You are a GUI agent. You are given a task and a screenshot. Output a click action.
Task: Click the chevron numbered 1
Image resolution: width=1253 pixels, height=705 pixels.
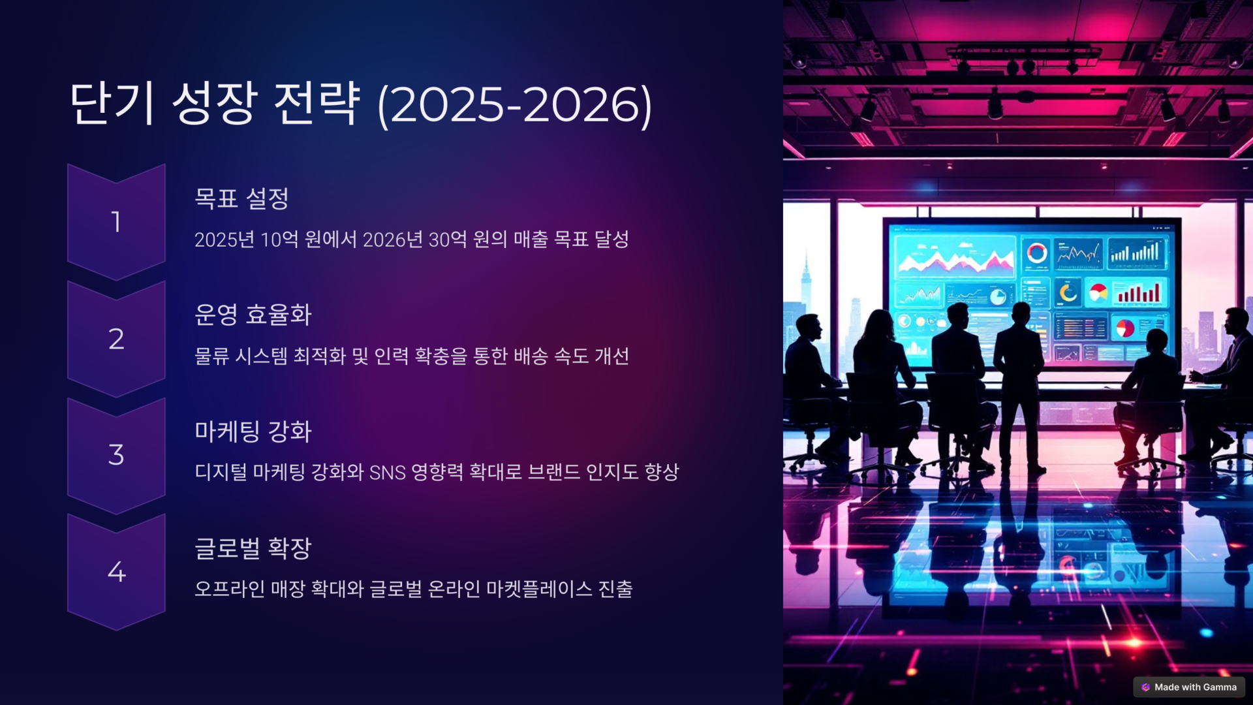[x=116, y=222]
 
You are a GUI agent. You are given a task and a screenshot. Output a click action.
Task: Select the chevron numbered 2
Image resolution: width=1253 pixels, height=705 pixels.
[x=116, y=339]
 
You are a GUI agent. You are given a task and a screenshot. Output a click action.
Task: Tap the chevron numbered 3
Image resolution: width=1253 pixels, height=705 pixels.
[x=116, y=455]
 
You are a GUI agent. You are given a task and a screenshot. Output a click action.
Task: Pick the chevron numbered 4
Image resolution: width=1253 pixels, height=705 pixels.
[x=116, y=572]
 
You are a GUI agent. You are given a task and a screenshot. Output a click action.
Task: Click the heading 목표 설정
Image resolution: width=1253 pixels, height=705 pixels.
[x=241, y=198]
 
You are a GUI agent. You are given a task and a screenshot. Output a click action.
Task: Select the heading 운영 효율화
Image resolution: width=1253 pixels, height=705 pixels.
[x=253, y=315]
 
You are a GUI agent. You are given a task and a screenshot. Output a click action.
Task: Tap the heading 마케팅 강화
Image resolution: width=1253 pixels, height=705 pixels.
[x=253, y=431]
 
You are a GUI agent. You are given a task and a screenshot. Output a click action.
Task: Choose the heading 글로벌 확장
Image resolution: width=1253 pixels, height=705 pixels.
[x=253, y=548]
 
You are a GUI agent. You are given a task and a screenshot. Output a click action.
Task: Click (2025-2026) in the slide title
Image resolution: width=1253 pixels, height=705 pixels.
[x=515, y=104]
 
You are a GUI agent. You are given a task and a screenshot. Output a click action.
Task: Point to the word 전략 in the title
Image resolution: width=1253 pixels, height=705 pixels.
[x=317, y=103]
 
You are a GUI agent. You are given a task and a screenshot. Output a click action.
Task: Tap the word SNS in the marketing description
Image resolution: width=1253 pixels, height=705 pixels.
[x=388, y=473]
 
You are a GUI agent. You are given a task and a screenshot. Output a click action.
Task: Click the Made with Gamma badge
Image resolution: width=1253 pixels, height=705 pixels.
[x=1189, y=687]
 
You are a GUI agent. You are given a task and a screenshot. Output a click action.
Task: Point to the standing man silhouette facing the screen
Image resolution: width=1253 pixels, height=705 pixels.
[x=1019, y=385]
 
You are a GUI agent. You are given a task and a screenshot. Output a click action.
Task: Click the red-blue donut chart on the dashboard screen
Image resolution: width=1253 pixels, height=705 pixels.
[x=1036, y=252]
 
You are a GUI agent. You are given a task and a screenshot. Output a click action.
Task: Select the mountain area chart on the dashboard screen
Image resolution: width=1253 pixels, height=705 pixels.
[x=954, y=257]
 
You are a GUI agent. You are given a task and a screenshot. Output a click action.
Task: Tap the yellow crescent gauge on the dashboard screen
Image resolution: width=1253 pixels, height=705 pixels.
[x=1068, y=292]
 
